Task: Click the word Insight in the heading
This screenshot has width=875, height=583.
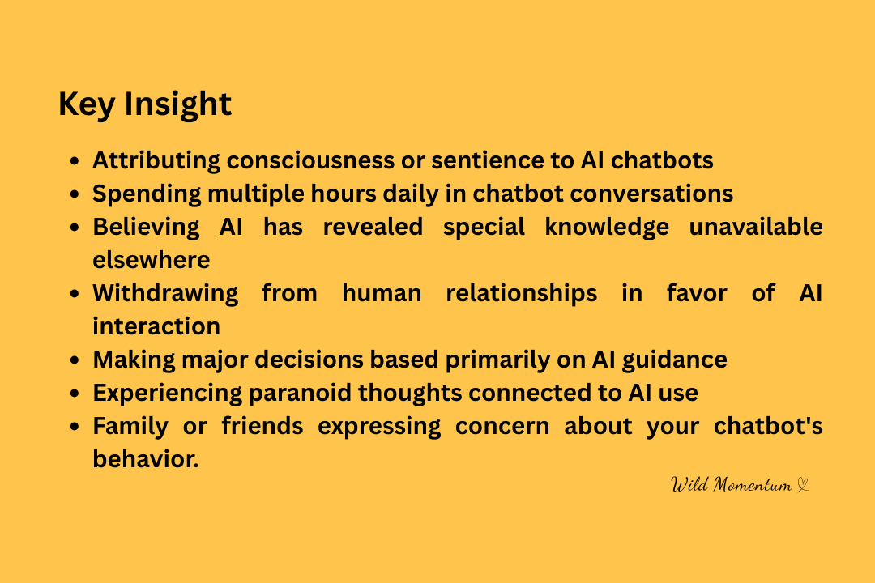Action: click(x=177, y=104)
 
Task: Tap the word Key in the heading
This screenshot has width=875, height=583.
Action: click(x=87, y=104)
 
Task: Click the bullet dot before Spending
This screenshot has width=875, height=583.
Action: click(x=75, y=194)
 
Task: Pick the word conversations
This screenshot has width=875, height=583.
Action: click(x=651, y=194)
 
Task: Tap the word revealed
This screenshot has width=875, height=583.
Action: click(x=373, y=227)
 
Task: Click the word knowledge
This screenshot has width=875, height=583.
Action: click(x=607, y=228)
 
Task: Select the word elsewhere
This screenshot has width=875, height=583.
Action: click(x=152, y=260)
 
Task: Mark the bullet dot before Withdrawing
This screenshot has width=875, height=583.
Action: click(x=75, y=294)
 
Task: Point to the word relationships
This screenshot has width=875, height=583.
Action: click(x=521, y=294)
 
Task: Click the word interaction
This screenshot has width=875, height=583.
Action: click(x=156, y=326)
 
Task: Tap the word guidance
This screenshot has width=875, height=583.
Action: click(x=675, y=360)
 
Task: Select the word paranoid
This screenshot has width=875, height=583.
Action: click(x=300, y=394)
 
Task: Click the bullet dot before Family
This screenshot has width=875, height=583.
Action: click(x=75, y=427)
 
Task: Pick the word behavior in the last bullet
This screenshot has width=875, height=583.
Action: click(x=146, y=459)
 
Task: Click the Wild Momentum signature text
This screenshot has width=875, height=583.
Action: click(x=731, y=484)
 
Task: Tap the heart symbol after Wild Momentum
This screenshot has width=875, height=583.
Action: click(x=802, y=485)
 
